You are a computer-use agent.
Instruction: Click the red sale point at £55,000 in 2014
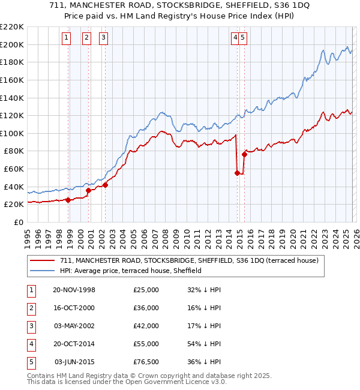coord(237,173)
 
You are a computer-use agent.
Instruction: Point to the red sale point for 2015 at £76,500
coord(244,154)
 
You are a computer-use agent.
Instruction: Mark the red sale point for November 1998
coord(68,200)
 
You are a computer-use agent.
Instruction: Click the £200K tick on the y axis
coord(12,44)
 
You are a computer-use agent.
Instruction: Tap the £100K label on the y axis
coord(12,133)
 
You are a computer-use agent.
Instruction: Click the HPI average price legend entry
coord(130,271)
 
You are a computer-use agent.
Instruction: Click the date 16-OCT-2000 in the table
coord(74,308)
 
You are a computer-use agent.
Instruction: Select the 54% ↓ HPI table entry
coord(204,344)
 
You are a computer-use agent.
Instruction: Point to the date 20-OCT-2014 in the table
coord(74,344)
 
